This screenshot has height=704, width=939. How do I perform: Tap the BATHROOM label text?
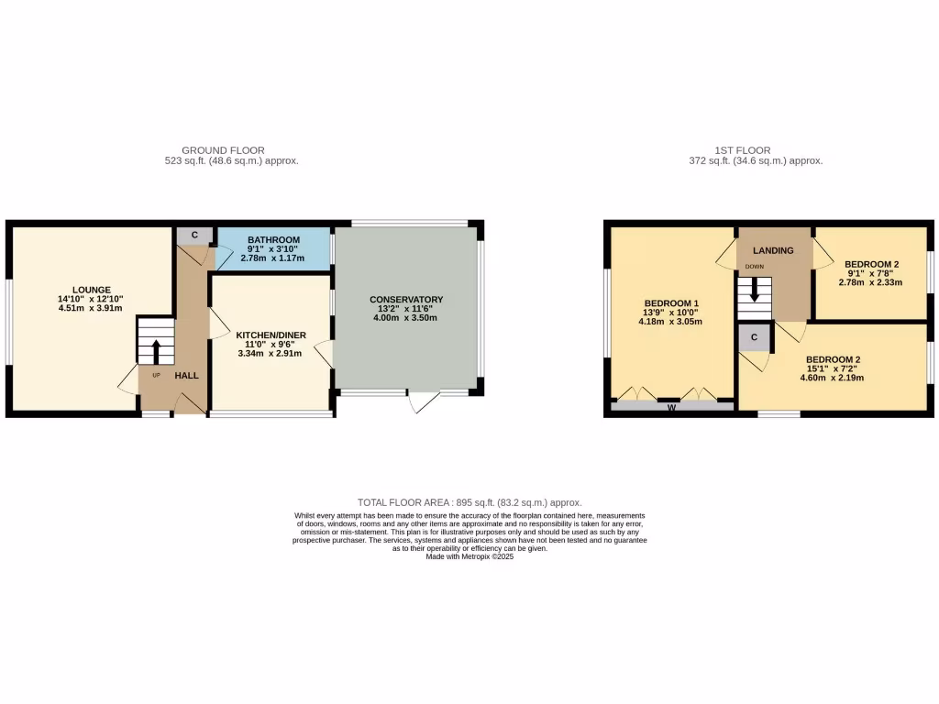[x=273, y=239]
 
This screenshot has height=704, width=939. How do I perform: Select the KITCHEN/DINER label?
[x=271, y=335]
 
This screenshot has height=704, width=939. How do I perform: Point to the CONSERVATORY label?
[x=406, y=300]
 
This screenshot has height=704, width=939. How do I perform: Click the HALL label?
[x=186, y=375]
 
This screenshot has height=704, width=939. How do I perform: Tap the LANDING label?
[x=773, y=250]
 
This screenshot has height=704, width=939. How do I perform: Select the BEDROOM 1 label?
[x=671, y=303]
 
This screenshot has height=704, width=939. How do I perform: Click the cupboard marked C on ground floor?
[x=194, y=235]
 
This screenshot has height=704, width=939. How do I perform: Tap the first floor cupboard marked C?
[x=755, y=337]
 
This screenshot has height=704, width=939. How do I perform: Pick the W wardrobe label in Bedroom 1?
[x=671, y=408]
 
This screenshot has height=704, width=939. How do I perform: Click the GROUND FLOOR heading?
[x=223, y=150]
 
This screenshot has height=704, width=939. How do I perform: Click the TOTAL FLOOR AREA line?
[x=469, y=502]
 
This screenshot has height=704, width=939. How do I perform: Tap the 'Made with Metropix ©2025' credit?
[x=469, y=556]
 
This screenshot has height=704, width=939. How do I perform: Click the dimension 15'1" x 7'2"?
[x=833, y=368]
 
